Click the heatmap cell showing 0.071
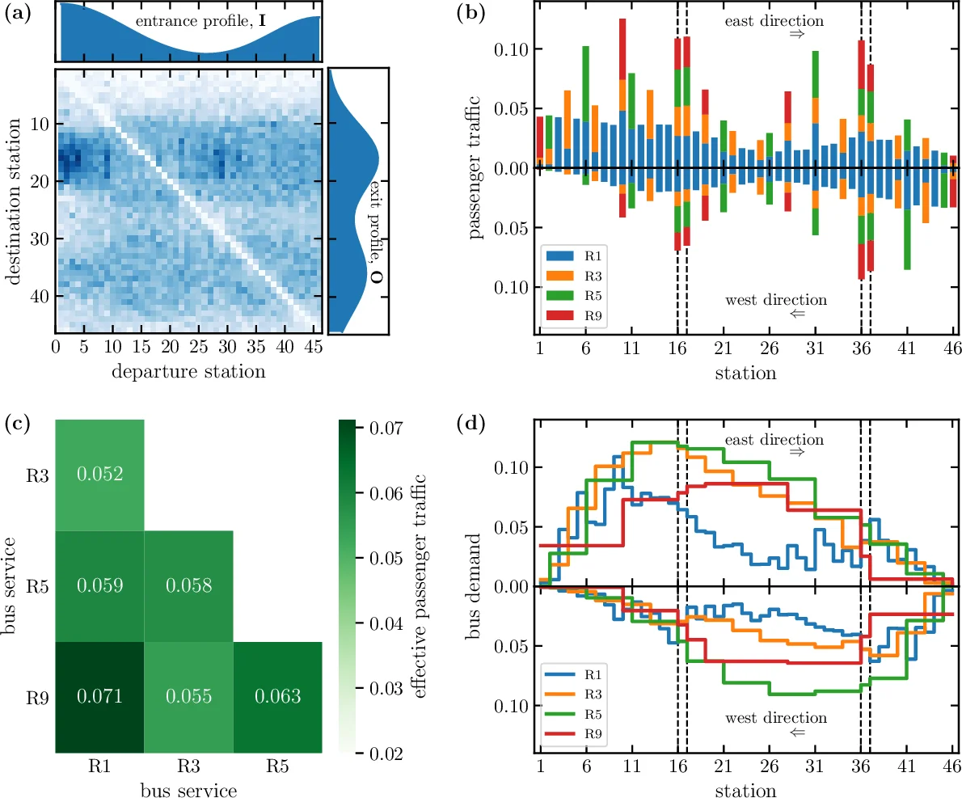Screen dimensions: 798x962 click(99, 696)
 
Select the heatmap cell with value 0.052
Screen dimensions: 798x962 click(99, 475)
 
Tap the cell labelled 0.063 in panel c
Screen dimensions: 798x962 click(277, 696)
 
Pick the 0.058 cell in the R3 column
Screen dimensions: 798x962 click(188, 585)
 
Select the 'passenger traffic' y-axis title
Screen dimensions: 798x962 click(475, 168)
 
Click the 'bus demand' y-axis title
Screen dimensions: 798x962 click(475, 585)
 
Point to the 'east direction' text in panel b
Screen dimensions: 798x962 click(774, 20)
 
